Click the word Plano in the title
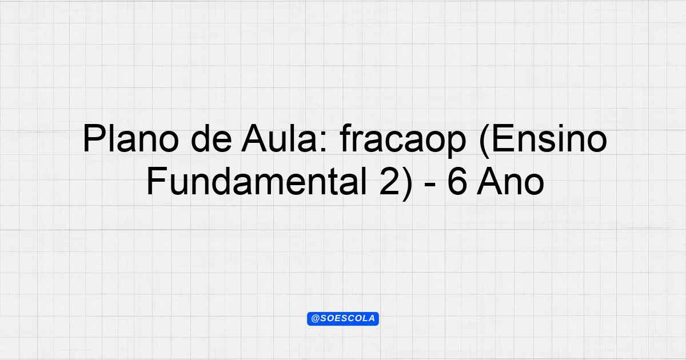[x=131, y=138]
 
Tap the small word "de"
[x=212, y=138]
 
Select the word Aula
[x=279, y=138]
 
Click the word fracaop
[x=402, y=141]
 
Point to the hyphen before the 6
[x=430, y=186]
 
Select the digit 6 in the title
[x=457, y=182]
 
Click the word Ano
[x=510, y=181]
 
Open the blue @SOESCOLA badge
[x=343, y=319]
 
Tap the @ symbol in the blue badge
[x=316, y=319]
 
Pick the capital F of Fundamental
[x=157, y=181]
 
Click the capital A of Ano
[x=489, y=181]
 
